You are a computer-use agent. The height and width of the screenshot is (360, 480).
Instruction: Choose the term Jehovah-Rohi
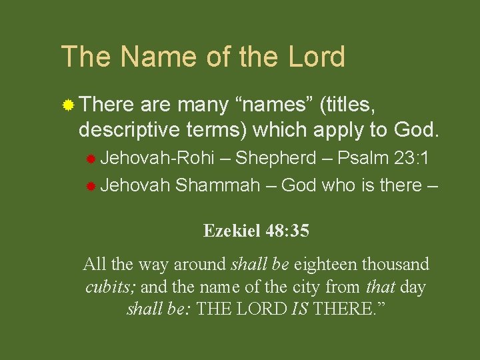pos(157,159)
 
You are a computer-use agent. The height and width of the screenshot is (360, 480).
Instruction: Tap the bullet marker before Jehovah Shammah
pos(91,186)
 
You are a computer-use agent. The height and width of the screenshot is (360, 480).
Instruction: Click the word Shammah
pos(217,185)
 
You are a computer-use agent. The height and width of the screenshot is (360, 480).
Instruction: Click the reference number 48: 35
pos(287,231)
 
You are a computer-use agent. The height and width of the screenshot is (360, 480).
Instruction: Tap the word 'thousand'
pos(396,265)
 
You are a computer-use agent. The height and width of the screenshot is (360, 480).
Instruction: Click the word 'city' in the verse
pos(309,287)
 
